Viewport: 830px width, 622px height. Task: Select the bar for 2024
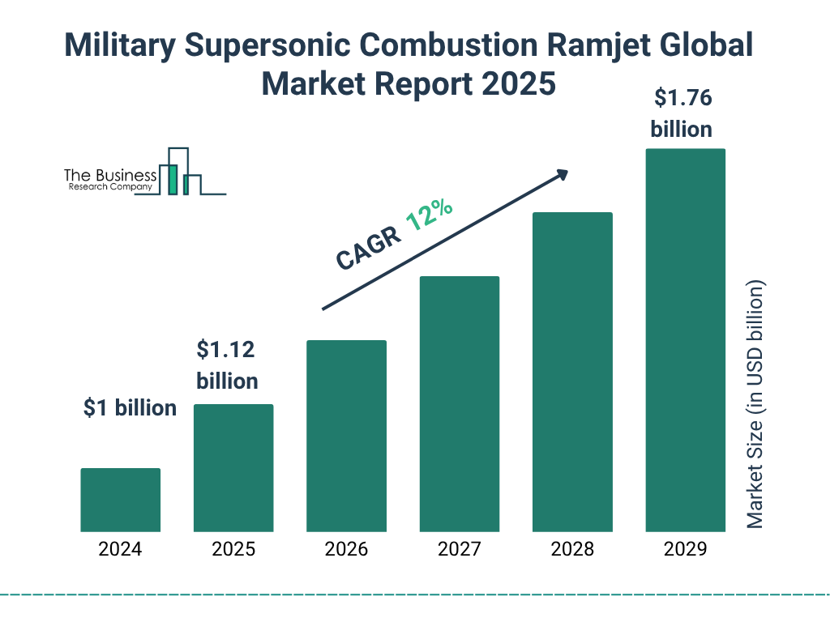tap(121, 500)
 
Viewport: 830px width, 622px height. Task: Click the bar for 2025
tap(233, 467)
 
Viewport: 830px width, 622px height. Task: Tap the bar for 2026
tap(346, 436)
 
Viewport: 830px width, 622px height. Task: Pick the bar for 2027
tap(459, 403)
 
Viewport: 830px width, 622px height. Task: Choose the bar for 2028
tap(572, 372)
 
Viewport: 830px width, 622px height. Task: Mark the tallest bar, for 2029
tap(685, 340)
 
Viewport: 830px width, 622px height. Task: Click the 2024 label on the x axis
tap(121, 549)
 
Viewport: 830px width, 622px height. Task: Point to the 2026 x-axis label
tap(346, 549)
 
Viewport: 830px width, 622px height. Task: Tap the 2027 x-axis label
tap(459, 549)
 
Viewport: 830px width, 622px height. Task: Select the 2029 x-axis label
tap(685, 549)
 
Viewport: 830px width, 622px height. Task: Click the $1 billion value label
tap(130, 408)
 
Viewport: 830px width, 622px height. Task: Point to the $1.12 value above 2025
tap(226, 351)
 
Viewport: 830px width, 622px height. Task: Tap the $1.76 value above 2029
tap(682, 99)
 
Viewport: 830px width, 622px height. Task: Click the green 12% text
tap(429, 216)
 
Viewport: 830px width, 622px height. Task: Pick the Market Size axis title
tap(755, 405)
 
